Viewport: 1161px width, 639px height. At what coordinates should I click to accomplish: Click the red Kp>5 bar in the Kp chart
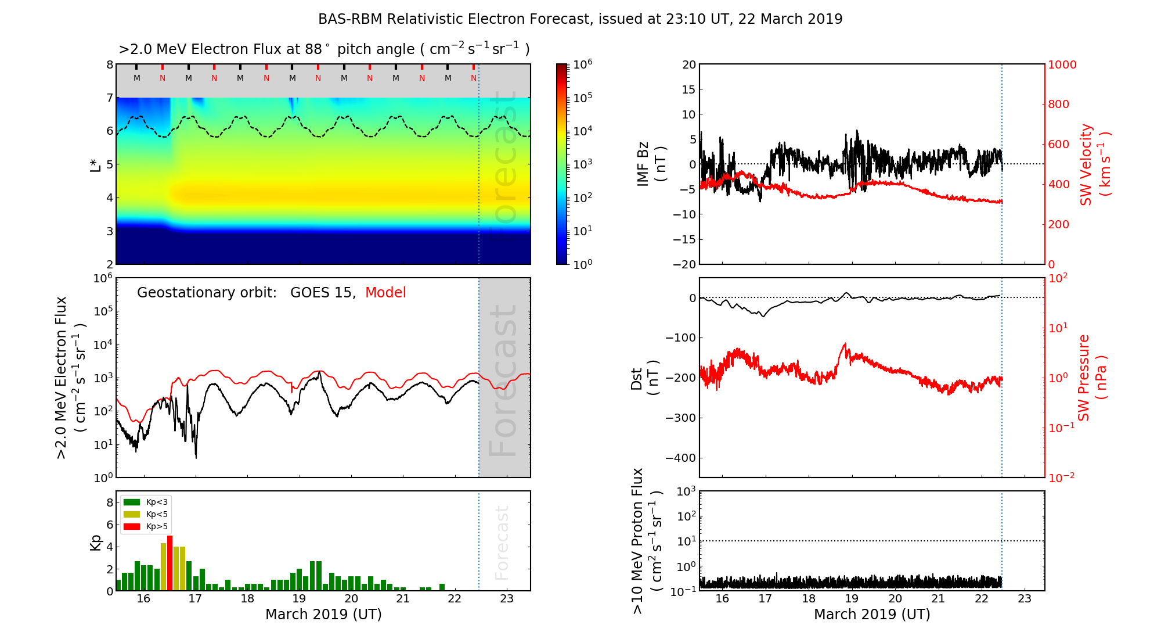click(170, 562)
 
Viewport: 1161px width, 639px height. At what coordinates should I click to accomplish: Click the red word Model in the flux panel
click(385, 293)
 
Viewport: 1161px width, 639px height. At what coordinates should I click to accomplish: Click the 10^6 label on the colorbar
click(583, 64)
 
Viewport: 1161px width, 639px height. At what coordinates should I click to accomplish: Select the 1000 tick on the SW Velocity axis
click(1062, 64)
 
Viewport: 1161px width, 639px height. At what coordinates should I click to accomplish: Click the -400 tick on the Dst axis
click(680, 458)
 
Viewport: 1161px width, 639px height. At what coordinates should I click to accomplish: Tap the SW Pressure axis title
click(1091, 378)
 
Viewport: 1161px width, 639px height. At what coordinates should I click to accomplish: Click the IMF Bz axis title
click(651, 164)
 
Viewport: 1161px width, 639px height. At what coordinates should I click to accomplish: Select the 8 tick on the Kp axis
click(110, 502)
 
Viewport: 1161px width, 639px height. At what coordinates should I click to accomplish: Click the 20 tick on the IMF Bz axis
click(689, 64)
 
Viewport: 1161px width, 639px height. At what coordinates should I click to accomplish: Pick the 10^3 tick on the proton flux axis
click(686, 491)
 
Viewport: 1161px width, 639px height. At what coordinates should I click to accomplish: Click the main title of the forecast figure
click(580, 19)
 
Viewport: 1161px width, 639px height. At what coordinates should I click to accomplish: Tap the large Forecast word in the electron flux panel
click(503, 380)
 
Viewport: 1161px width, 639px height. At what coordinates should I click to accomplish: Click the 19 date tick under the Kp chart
click(299, 599)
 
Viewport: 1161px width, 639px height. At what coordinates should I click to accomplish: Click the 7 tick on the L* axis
click(110, 98)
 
